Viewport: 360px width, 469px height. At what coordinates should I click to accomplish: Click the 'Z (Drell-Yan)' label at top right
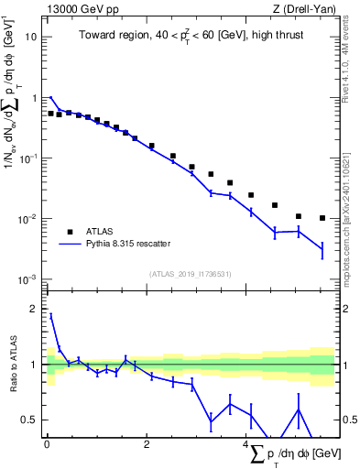302,9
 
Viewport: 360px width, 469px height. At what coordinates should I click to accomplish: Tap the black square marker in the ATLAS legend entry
69,231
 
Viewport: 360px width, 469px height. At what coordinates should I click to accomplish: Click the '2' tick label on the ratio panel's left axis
34,309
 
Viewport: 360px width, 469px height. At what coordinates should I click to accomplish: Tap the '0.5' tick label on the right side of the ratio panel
348,420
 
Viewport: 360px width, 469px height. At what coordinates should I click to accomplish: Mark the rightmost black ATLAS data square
322,218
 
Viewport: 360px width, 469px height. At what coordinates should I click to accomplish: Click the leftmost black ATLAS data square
50,114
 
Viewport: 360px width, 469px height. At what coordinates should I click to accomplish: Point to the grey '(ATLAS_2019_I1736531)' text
190,273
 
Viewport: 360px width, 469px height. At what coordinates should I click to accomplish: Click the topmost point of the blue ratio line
50,315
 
